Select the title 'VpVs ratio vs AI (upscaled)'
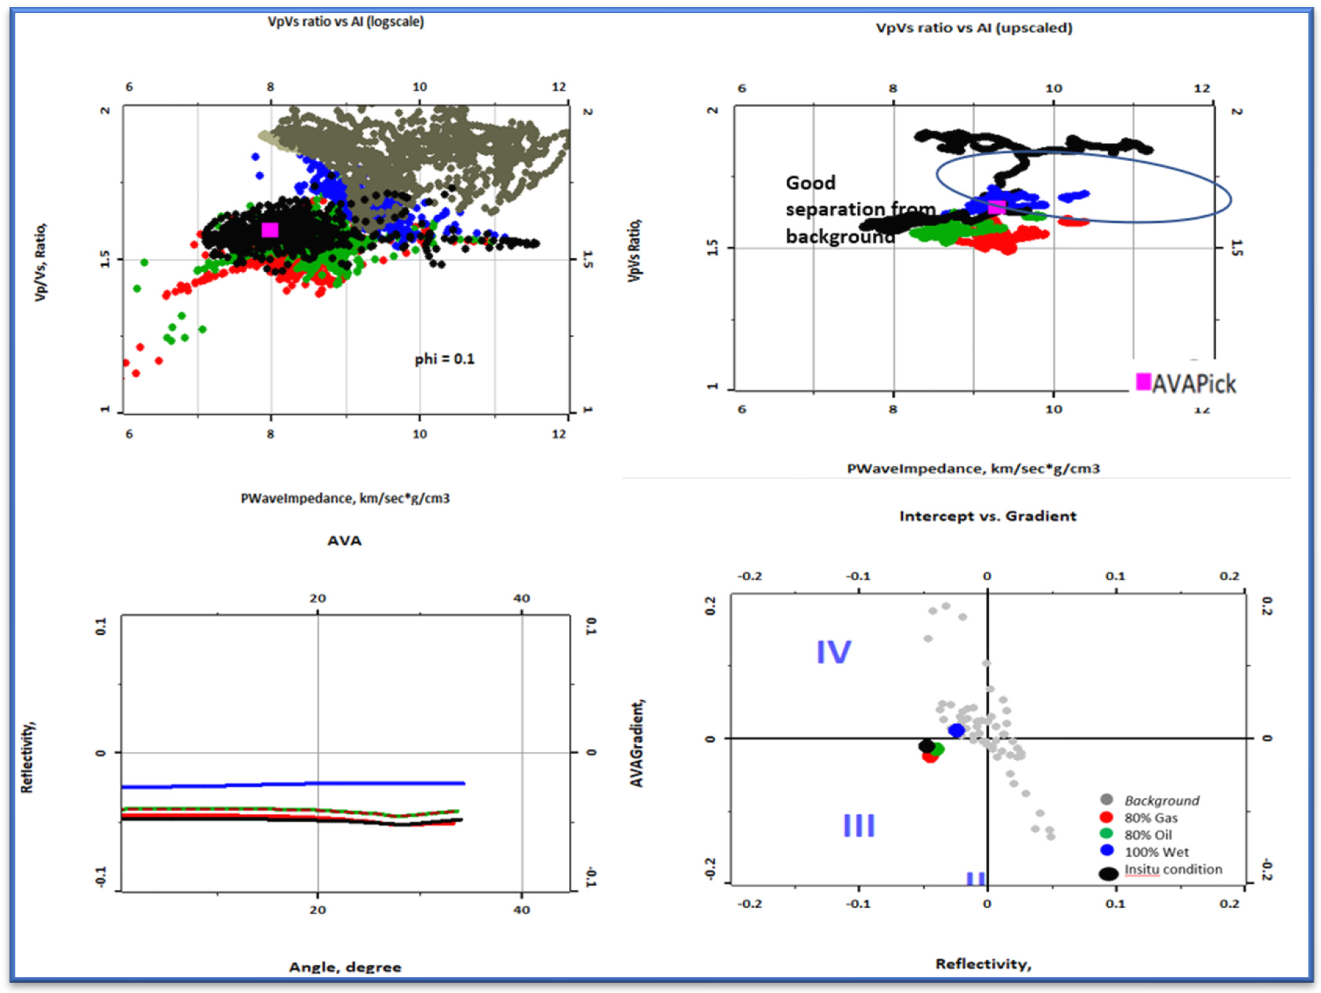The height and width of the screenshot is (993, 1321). [x=973, y=28]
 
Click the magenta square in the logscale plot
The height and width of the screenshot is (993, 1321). [x=270, y=230]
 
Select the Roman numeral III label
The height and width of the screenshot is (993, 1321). [x=859, y=826]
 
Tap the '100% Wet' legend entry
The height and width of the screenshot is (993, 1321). [x=1156, y=852]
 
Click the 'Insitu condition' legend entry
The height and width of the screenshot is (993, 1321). [x=1173, y=869]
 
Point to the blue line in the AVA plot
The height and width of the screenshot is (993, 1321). [x=293, y=785]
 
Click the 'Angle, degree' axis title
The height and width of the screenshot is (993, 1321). [x=345, y=967]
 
